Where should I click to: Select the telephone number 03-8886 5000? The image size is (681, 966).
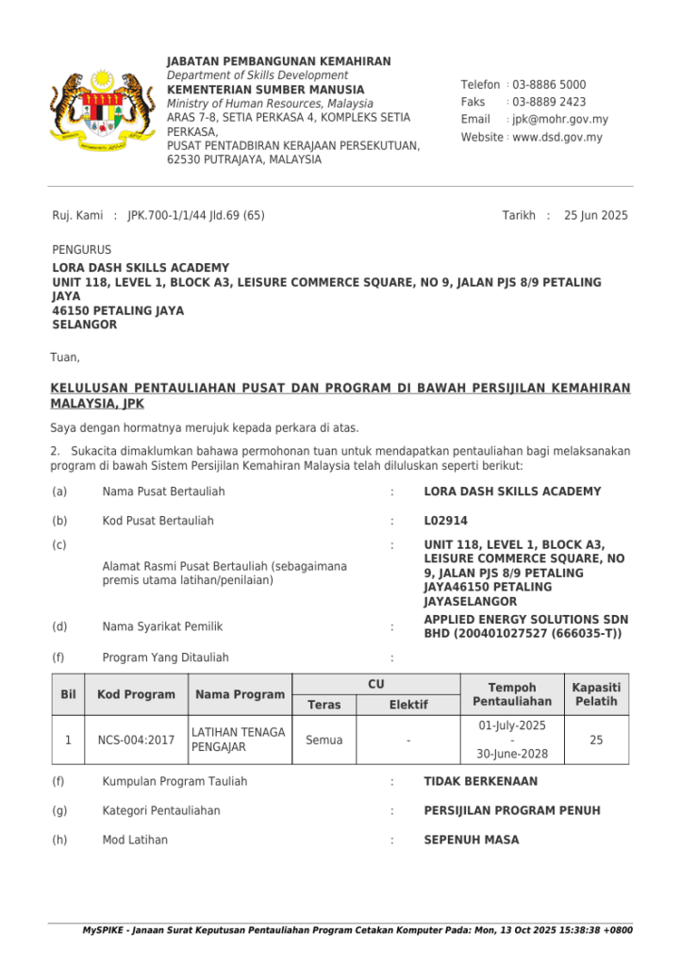coord(549,85)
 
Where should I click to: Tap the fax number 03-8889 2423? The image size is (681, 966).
coord(549,102)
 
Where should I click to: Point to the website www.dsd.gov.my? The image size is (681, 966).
coord(557,138)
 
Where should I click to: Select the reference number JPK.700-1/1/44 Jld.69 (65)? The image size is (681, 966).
coord(196,216)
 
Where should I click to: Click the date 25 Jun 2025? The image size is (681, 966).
coord(595,216)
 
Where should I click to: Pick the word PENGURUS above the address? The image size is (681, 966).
coord(81,251)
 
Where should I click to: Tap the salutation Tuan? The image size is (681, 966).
coord(65,358)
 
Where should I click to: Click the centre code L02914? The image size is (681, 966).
coord(446,521)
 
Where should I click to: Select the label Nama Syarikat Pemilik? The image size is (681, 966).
coord(162,626)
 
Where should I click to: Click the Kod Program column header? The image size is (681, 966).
coord(136,694)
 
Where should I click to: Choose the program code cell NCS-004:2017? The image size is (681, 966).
coord(136,741)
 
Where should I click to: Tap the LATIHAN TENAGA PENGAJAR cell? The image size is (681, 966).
coord(238,741)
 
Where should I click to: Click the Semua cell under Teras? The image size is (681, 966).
coord(324,741)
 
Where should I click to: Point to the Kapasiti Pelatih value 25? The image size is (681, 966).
coord(596,741)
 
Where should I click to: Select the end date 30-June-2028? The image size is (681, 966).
coord(512,755)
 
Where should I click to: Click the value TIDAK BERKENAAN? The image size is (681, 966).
coord(481,782)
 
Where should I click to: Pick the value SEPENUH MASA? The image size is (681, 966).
coord(472,841)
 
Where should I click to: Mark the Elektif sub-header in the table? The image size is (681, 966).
coord(408,705)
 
